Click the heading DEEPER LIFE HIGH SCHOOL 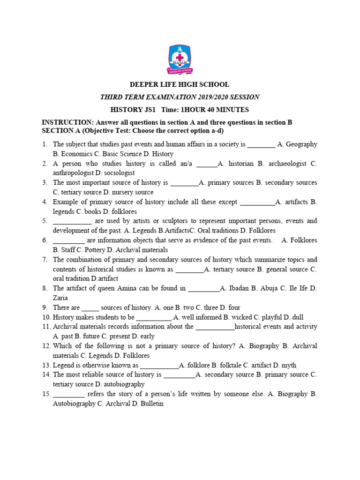[180, 85]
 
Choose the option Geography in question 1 [301, 144]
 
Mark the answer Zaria [60, 298]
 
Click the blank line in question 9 [90, 308]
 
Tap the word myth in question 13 [288, 365]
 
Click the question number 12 [46, 346]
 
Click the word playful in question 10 [268, 317]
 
